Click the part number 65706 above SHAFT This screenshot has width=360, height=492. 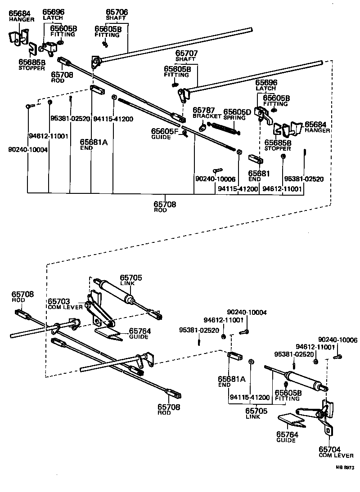(117, 12)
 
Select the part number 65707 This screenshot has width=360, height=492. (186, 53)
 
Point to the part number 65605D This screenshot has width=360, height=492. (237, 111)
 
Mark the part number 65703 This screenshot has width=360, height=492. (59, 301)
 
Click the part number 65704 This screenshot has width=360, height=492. (330, 449)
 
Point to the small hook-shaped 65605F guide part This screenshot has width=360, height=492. (184, 136)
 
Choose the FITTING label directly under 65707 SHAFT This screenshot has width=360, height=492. (176, 75)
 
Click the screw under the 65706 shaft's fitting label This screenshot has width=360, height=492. (105, 44)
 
